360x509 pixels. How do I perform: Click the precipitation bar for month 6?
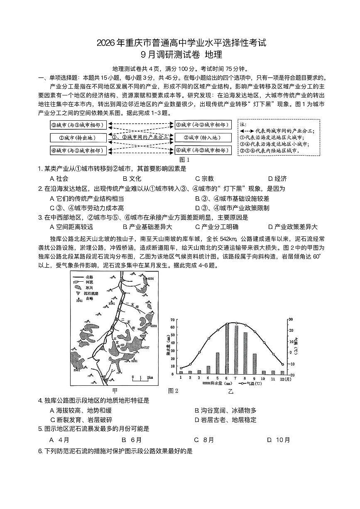coord(227,348)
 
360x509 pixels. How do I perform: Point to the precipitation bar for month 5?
coord(218,363)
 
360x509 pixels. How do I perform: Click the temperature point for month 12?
coord(282,364)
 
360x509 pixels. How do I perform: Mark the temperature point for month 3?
coord(199,352)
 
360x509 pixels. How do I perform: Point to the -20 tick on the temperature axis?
coord(291,375)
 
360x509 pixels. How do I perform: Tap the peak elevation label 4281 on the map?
coord(134,361)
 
